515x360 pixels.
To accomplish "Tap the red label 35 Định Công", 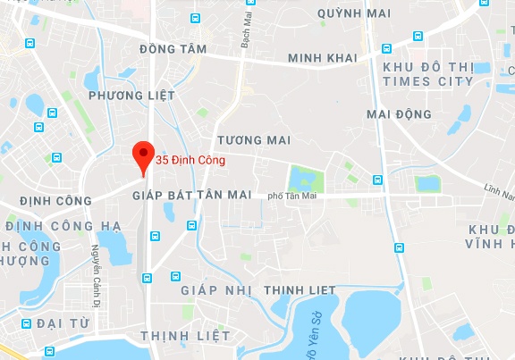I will tap(190, 161).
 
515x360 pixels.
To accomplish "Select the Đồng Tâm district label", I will tap(173, 49).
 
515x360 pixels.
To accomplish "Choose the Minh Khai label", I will tap(322, 58).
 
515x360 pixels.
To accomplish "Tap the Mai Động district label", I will tap(399, 114).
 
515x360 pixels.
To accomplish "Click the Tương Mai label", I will tap(254, 140).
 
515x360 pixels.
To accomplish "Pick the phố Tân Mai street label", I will tap(291, 196).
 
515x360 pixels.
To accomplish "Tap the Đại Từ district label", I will tap(62, 322).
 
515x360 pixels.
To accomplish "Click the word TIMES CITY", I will tap(426, 81).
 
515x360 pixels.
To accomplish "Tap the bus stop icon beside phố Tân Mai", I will tap(378, 180).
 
